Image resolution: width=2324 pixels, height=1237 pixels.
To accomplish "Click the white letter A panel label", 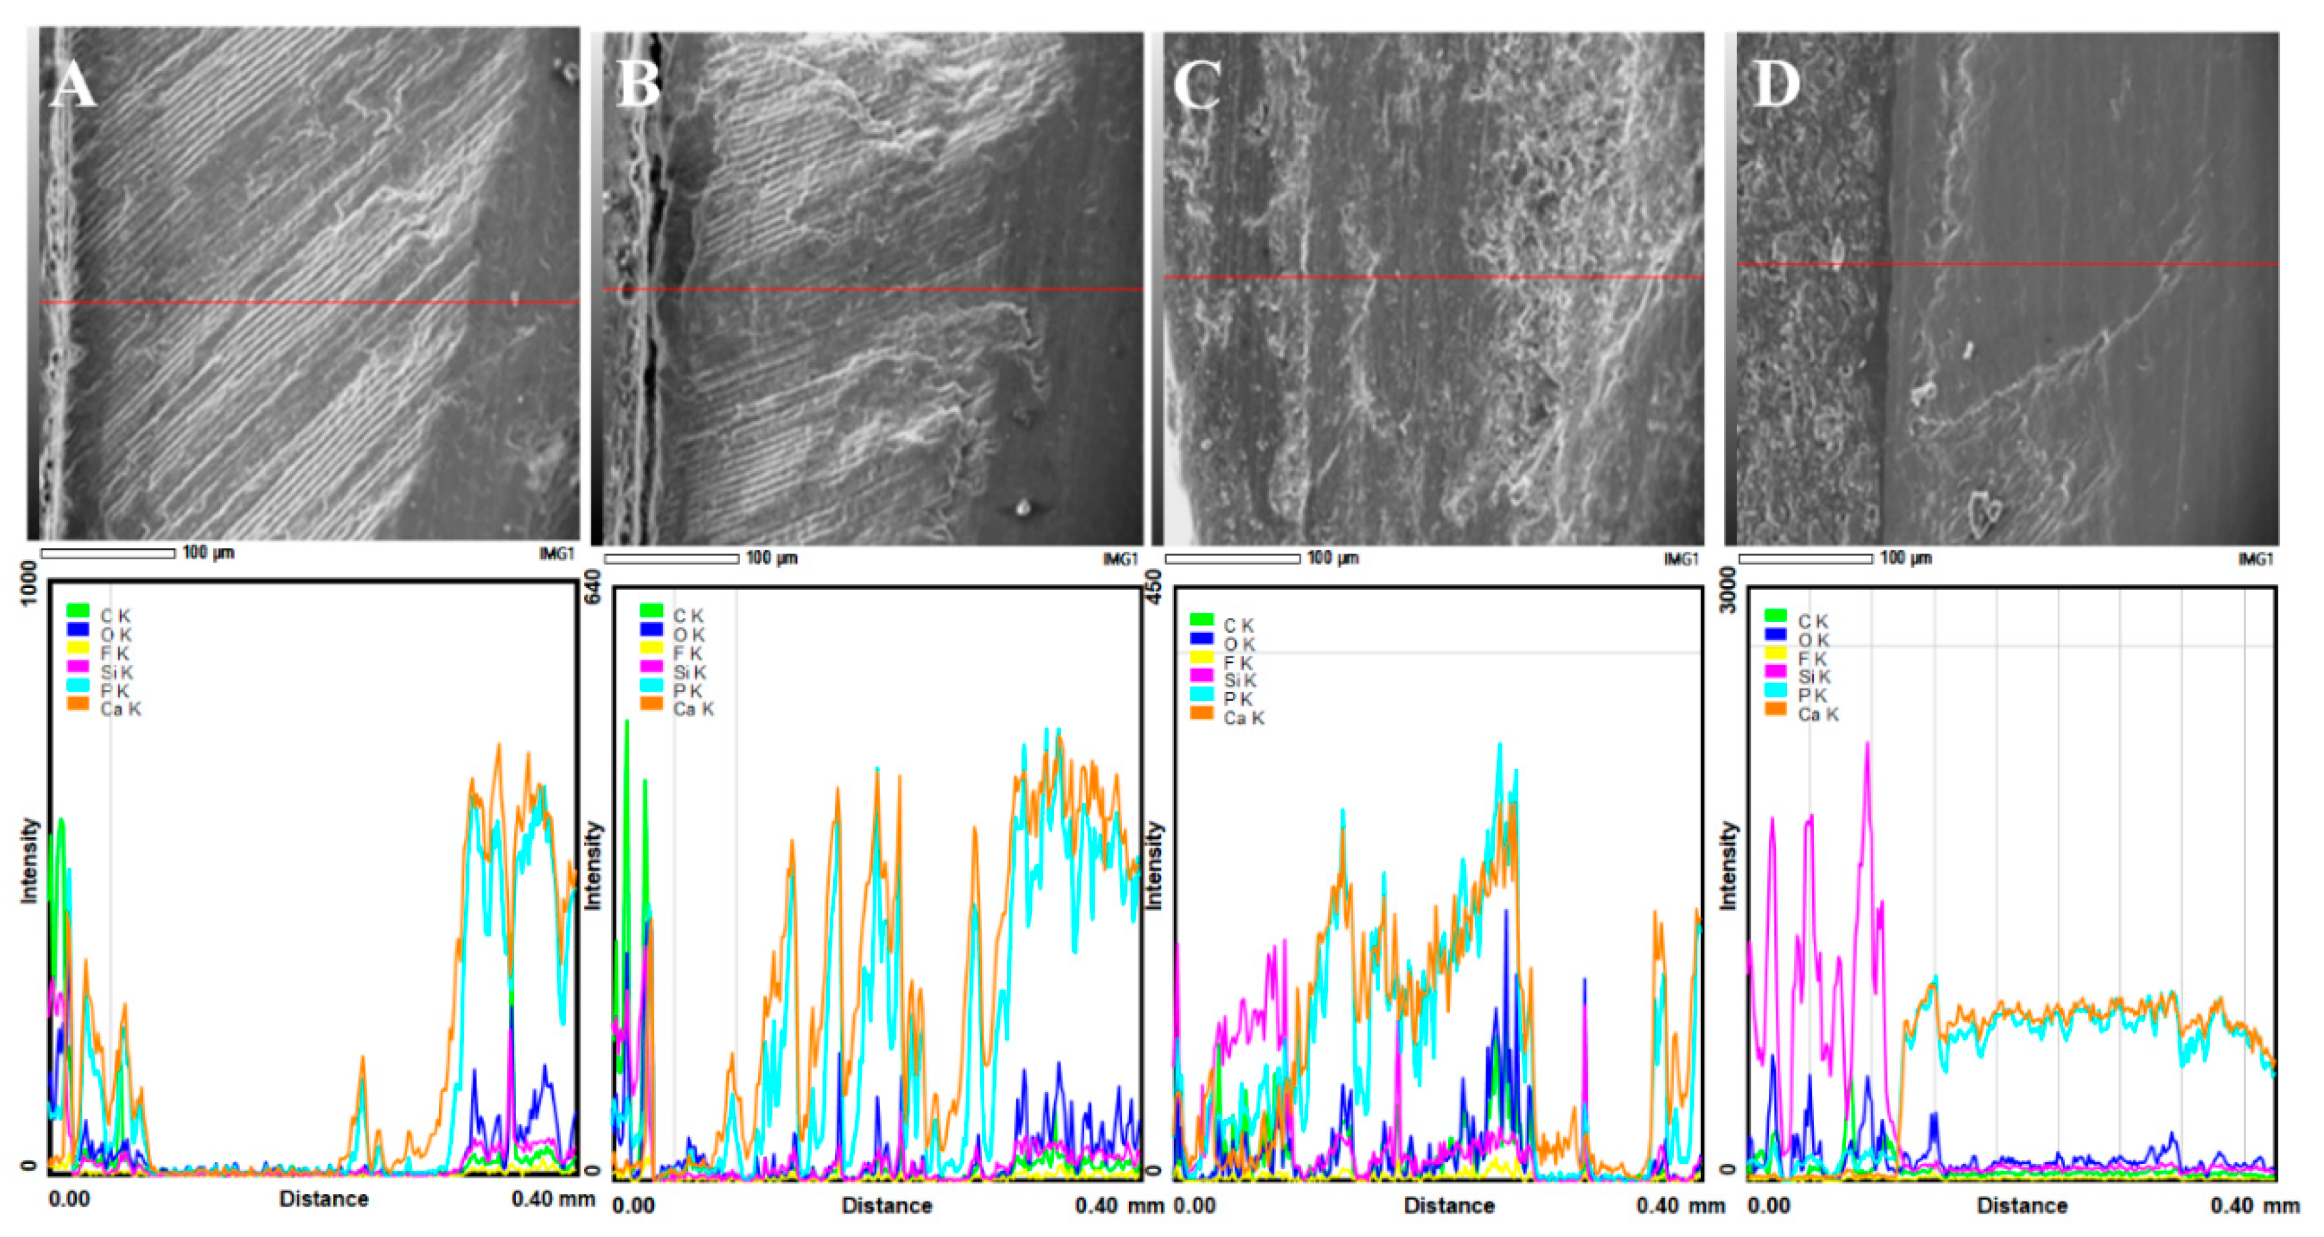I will (x=73, y=86).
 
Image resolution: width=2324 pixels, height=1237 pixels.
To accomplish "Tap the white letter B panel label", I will (x=638, y=86).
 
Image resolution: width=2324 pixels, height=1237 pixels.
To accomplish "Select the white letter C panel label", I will (x=1197, y=86).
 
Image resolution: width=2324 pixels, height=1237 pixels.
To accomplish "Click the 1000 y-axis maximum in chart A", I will (x=29, y=583).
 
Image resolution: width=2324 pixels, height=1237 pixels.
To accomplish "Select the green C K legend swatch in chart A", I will (x=78, y=612).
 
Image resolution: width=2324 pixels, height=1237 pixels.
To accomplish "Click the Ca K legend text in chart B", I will (x=693, y=709).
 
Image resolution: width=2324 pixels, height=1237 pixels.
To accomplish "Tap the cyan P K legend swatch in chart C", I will (x=1202, y=695).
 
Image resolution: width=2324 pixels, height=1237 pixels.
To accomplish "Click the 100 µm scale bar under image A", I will (x=108, y=553).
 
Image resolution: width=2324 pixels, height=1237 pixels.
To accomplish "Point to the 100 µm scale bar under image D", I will (x=1805, y=558).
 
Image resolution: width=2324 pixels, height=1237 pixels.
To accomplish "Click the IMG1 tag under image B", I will (x=1120, y=560).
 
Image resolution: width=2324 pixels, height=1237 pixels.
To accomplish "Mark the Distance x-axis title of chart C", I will (x=1449, y=1205).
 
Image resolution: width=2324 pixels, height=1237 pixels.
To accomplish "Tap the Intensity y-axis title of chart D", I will (x=1728, y=865).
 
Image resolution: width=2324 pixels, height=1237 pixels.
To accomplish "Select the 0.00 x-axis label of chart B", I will (x=633, y=1205).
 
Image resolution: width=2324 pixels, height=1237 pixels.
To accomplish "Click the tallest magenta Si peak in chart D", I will (x=1867, y=745).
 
